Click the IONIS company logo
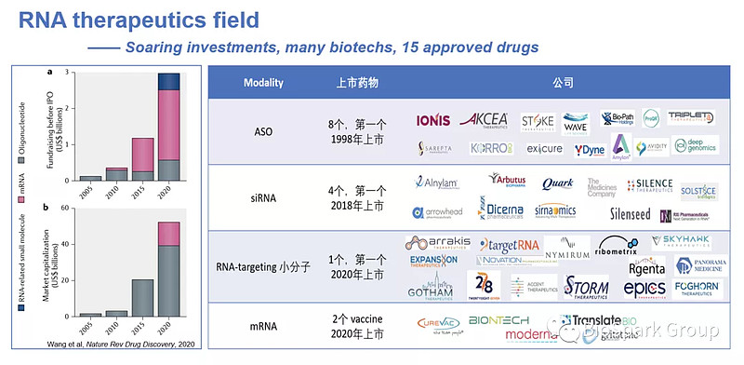pos(434,121)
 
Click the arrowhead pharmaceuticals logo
pos(440,213)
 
